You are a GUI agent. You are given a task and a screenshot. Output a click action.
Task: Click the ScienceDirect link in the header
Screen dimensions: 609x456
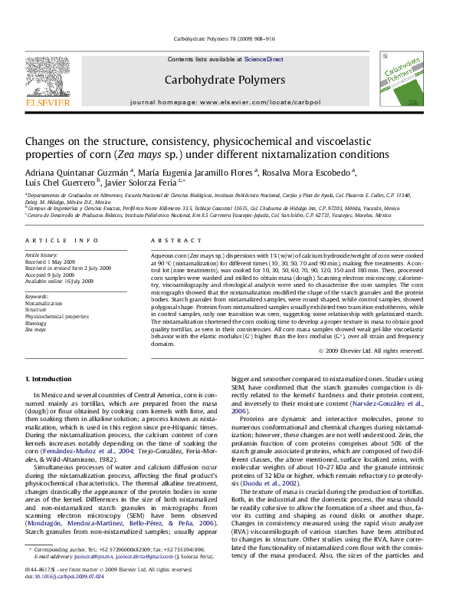click(264, 59)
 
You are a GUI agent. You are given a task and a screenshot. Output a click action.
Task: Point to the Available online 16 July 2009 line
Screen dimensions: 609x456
click(59, 281)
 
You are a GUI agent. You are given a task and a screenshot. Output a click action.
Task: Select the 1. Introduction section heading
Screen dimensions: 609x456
click(51, 380)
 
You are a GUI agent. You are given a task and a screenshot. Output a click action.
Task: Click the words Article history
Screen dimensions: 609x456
click(43, 255)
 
